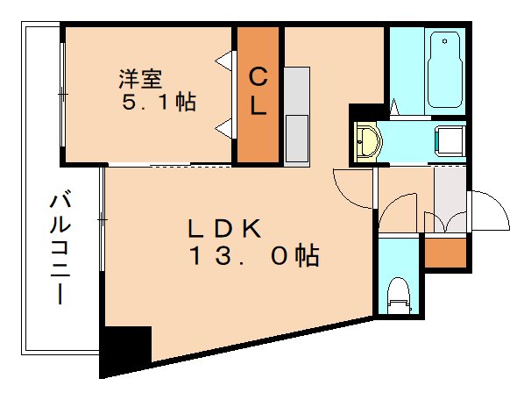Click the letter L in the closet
pos(258,107)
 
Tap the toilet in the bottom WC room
pos(399,294)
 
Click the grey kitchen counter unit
pos(296,114)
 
